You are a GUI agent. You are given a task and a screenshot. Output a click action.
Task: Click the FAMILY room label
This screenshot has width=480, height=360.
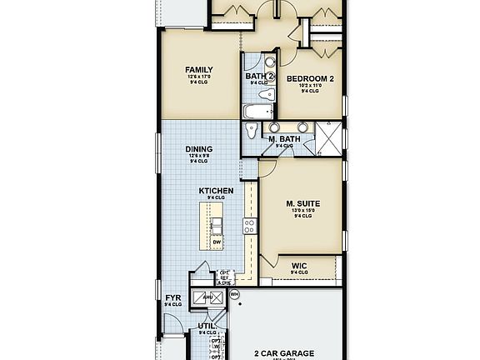[199, 70]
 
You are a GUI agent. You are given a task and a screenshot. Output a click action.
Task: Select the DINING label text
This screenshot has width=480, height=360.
[198, 149]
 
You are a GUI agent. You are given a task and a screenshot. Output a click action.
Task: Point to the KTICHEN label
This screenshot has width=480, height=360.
[215, 191]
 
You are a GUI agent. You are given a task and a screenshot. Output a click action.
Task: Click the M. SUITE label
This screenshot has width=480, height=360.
[303, 203]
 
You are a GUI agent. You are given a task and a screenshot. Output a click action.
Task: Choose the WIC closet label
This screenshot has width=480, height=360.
[299, 266]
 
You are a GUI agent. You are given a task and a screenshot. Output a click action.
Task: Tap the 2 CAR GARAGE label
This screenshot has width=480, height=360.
[284, 353]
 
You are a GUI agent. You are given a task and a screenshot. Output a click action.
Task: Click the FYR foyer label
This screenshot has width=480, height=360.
[173, 297]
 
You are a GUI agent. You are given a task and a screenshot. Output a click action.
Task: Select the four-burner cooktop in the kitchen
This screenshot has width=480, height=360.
[249, 225]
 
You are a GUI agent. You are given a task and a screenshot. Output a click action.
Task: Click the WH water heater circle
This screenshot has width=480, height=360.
[234, 294]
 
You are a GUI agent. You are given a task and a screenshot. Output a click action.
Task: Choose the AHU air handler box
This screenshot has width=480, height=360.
[202, 296]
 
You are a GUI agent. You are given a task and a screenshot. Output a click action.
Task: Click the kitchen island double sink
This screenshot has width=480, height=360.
[216, 226]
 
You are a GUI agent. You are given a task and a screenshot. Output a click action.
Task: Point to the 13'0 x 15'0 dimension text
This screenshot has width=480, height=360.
[303, 211]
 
